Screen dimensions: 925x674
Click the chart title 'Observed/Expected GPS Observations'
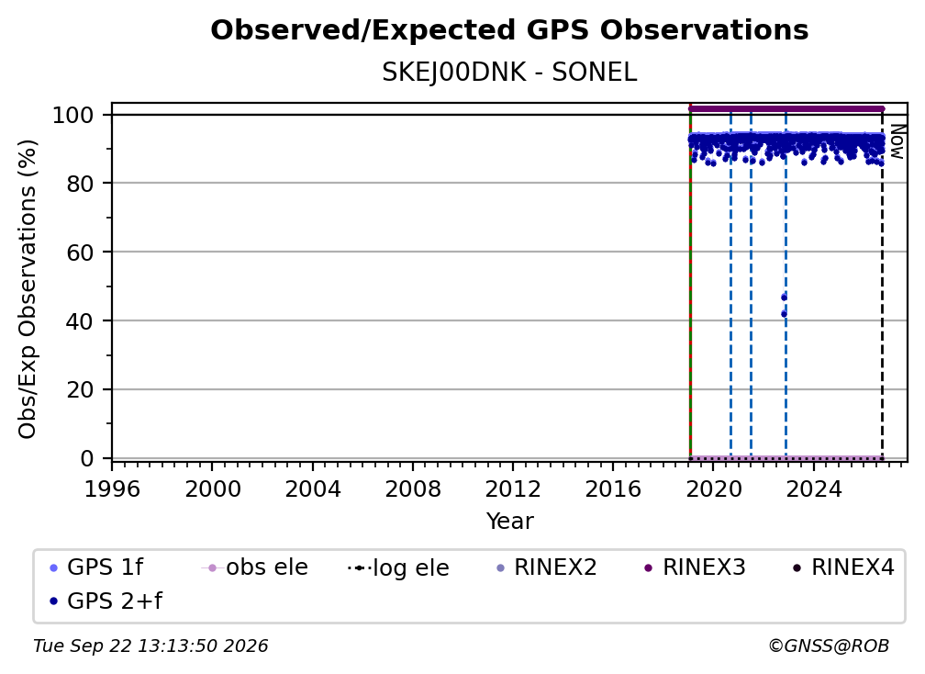(x=509, y=30)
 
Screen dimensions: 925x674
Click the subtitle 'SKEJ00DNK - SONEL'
(x=509, y=73)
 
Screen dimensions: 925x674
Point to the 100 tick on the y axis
(x=73, y=115)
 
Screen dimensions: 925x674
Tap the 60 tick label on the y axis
(x=80, y=252)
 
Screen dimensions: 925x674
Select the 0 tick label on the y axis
(x=87, y=458)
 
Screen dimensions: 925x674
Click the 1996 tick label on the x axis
(x=112, y=489)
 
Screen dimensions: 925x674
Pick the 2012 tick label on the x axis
(x=513, y=489)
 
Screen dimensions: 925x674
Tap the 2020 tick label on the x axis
(x=713, y=489)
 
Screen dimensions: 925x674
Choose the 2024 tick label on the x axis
(x=813, y=489)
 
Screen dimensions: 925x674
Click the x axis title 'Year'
(x=509, y=522)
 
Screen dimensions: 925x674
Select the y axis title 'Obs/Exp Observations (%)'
(x=28, y=289)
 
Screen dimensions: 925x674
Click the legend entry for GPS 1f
(x=96, y=567)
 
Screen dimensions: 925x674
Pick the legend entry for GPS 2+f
(x=106, y=601)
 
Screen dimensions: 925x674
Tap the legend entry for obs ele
(x=255, y=567)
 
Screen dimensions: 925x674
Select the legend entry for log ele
(x=399, y=567)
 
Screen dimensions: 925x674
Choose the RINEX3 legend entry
(x=695, y=567)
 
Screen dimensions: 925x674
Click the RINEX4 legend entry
(x=843, y=567)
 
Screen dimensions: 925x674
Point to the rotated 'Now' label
(x=897, y=141)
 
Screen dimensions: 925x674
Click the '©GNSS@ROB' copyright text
(x=829, y=646)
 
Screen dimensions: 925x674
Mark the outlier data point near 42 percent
(x=784, y=314)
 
